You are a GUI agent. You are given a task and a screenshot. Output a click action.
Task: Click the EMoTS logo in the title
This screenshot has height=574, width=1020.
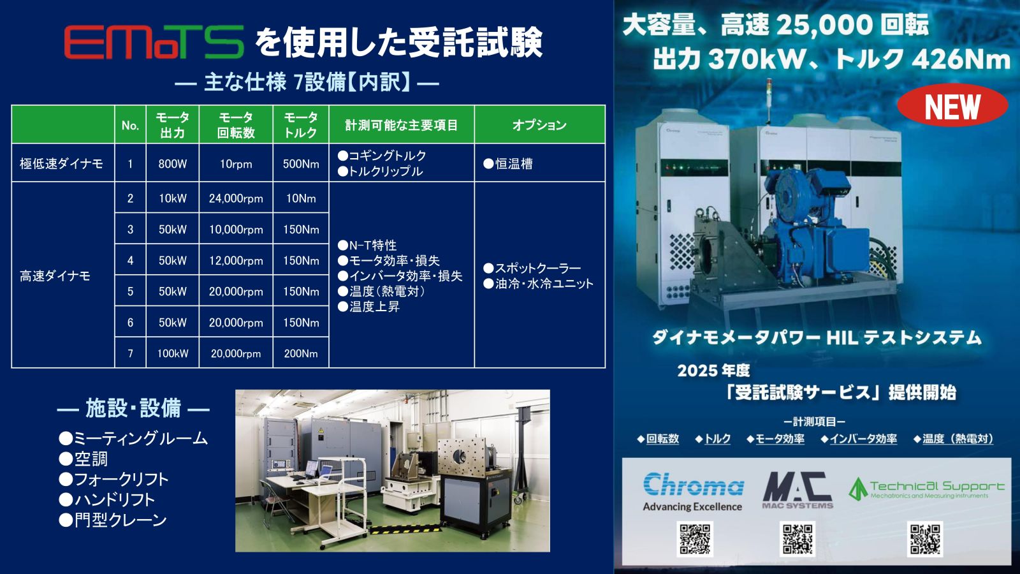pos(154,42)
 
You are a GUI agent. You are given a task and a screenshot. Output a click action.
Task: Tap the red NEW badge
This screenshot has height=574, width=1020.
pos(952,106)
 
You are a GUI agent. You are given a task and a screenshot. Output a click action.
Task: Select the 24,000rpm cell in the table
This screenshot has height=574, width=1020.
pos(236,198)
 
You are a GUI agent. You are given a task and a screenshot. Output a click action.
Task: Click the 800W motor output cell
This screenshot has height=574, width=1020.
pos(173,163)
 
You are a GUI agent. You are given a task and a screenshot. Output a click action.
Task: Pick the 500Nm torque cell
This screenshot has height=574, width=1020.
pos(300,163)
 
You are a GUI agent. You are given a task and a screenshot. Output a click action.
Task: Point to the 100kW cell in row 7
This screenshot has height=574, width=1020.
pos(173,353)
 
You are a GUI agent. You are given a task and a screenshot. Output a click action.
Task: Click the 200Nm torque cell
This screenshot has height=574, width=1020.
pos(300,353)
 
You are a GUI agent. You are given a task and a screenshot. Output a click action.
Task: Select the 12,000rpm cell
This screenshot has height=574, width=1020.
pos(236,260)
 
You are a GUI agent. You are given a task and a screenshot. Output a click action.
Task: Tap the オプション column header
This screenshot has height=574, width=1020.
pos(539,125)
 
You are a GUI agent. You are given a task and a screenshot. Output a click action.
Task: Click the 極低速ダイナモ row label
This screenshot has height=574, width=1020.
pos(61,163)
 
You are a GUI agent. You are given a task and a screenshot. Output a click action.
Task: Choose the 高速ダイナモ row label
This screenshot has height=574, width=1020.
pos(55,276)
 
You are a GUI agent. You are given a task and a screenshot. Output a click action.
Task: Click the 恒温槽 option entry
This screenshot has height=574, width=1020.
pos(508,163)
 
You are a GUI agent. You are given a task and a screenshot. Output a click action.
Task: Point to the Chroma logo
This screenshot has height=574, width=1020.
pos(692,492)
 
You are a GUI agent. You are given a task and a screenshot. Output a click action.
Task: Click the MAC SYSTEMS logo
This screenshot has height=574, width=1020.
pos(798,490)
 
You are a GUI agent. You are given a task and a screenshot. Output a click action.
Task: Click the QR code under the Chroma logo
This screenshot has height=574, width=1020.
pos(695,540)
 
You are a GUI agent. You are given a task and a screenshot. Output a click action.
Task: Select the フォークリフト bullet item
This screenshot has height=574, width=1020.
pos(114,479)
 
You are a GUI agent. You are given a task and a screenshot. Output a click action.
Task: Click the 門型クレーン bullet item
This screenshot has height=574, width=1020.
pos(112,520)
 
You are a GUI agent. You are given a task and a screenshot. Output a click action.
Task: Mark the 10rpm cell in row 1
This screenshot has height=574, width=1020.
pos(236,163)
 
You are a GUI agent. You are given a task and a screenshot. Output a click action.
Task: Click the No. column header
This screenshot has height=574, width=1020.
pos(130,125)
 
